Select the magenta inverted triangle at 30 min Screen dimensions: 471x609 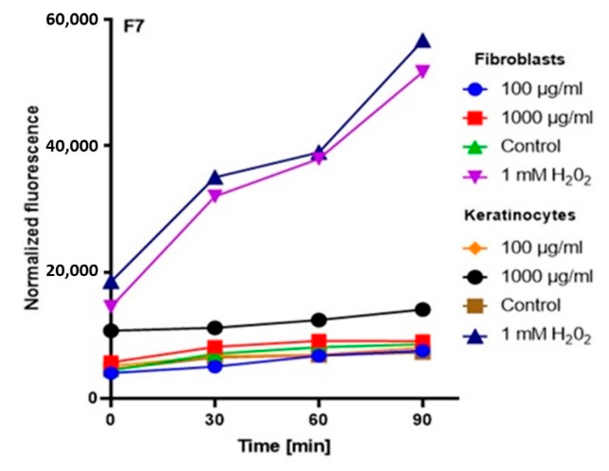pos(215,196)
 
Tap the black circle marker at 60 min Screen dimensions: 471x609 pos(319,320)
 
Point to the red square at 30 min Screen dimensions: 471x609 pos(215,347)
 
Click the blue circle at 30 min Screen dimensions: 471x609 pos(215,366)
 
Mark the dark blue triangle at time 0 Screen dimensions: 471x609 pos(111,283)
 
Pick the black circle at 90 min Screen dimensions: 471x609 pos(423,309)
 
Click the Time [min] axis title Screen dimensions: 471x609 pos(284,446)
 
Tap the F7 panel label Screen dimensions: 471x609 pos(133,27)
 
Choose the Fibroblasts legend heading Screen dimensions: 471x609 pos(520,60)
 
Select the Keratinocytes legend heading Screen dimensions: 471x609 pos(520,215)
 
